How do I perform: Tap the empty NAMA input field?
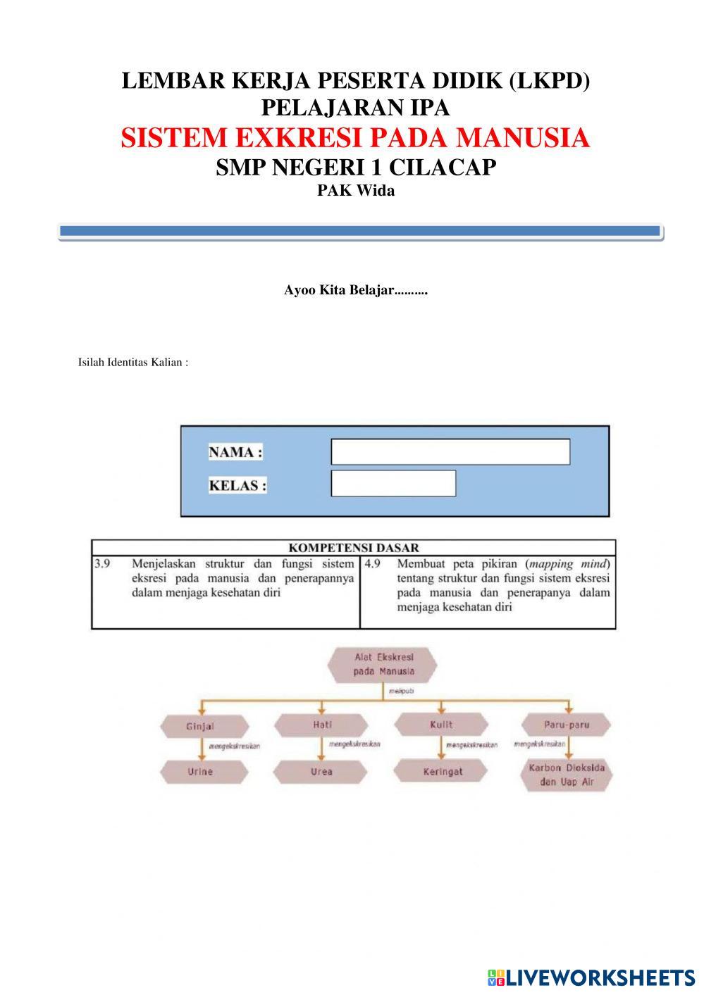pos(450,452)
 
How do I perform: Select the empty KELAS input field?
pos(393,484)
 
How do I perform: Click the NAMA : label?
pos(235,453)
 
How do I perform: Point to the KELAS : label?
pos(237,485)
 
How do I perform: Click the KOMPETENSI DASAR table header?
pos(354,548)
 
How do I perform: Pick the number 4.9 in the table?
pos(372,564)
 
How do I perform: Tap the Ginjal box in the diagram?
pos(204,726)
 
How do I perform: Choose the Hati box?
pos(321,725)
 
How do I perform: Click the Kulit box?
pos(441,725)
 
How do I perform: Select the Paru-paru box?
pos(566,725)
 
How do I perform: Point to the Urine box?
pos(200,772)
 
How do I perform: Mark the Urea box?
pos(321,772)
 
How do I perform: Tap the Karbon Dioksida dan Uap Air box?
pos(567,775)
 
